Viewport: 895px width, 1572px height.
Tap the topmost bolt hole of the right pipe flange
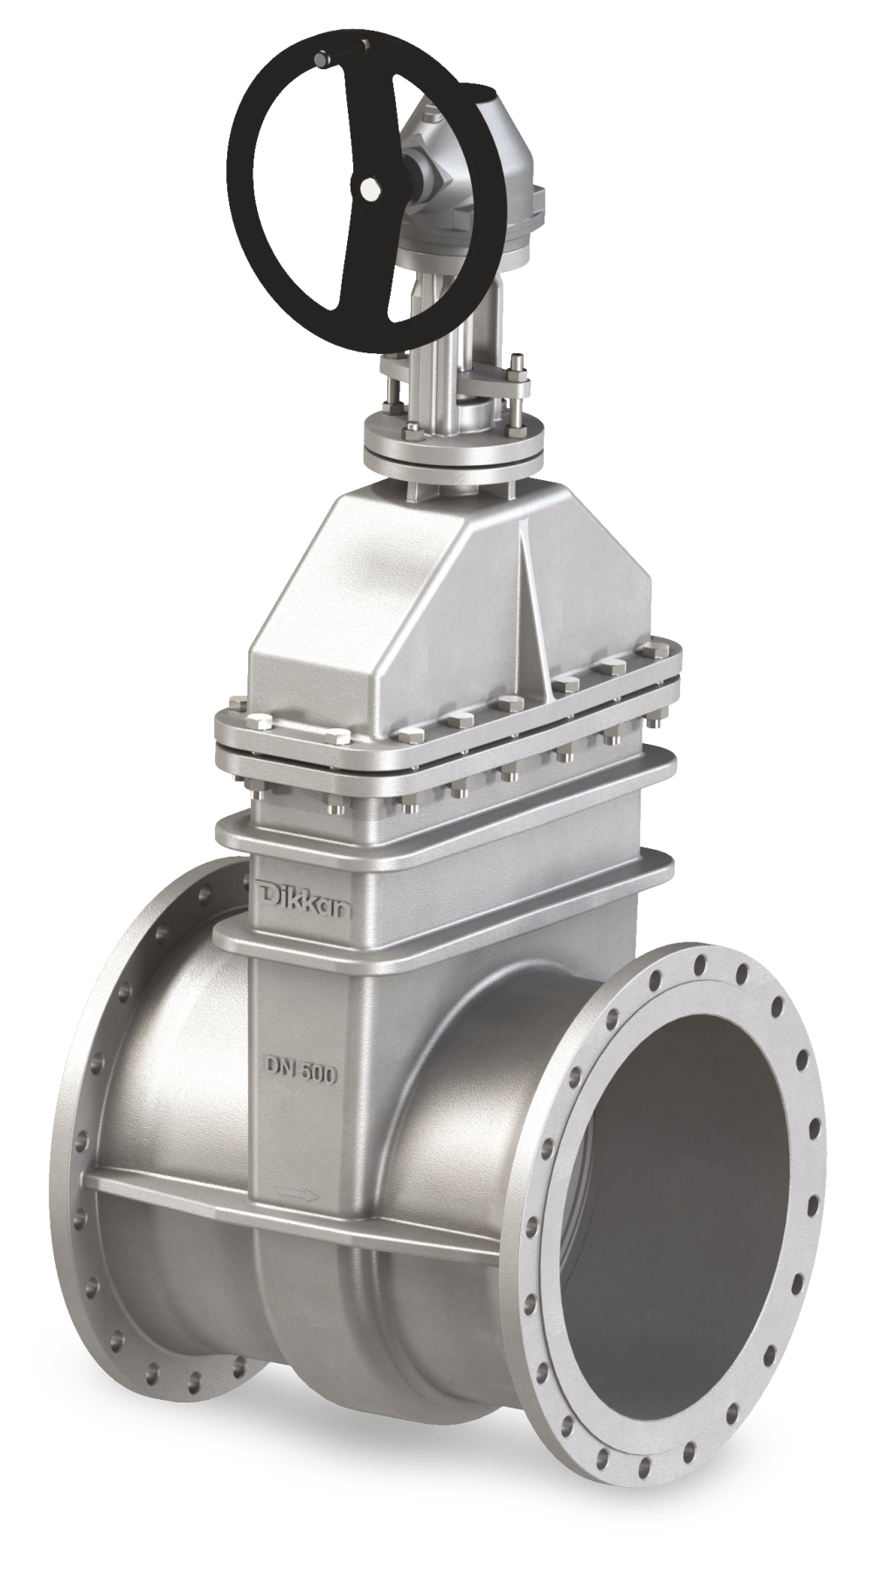click(699, 963)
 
